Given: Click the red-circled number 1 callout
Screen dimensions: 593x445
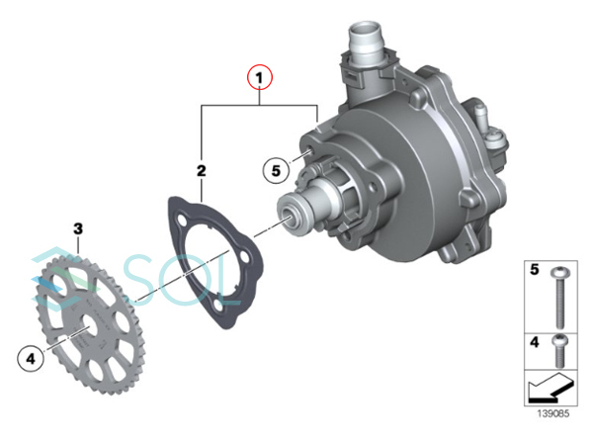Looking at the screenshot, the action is pyautogui.click(x=259, y=77).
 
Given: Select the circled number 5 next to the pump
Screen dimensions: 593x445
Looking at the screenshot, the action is pyautogui.click(x=276, y=171).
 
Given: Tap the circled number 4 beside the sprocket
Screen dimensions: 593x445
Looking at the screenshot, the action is pyautogui.click(x=31, y=358).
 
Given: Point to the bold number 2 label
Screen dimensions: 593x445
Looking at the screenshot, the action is pyautogui.click(x=202, y=171).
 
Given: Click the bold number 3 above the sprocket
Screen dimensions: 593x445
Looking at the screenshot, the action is pyautogui.click(x=78, y=228).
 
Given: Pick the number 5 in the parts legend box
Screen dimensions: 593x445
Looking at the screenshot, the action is pyautogui.click(x=535, y=269).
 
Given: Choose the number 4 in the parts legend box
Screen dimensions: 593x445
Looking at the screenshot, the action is pyautogui.click(x=535, y=342).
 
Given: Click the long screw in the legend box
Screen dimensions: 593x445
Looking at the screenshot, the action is pyautogui.click(x=559, y=298).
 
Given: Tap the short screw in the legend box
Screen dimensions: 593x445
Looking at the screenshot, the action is pyautogui.click(x=559, y=351).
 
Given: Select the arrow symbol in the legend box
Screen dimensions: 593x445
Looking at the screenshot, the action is pyautogui.click(x=551, y=389).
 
